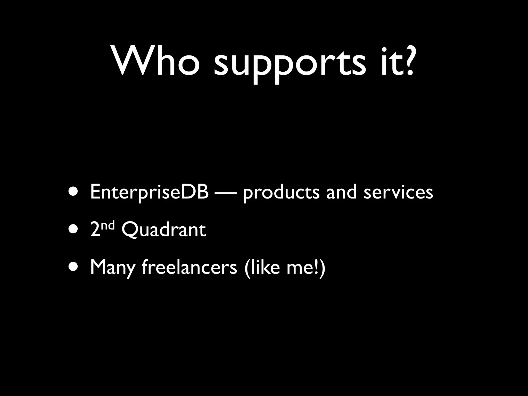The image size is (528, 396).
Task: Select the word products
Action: click(281, 193)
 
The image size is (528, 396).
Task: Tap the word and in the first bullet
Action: click(342, 192)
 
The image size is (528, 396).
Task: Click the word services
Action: click(398, 193)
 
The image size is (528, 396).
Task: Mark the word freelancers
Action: click(189, 267)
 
